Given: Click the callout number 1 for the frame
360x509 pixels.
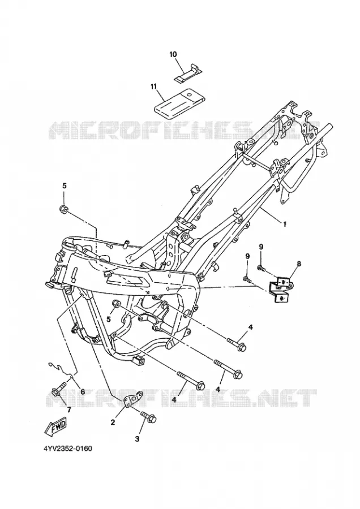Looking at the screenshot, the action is tap(285, 224).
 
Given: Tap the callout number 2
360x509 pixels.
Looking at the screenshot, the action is tap(113, 422).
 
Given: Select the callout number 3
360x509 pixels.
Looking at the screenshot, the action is tap(137, 439).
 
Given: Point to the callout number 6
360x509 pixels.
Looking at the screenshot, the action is tap(83, 392).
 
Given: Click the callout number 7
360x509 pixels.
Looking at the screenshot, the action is tap(69, 409).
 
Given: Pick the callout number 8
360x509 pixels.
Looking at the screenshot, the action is tap(299, 264).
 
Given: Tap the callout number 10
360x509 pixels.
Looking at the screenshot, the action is tap(173, 54).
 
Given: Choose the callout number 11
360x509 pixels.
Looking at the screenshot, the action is tap(154, 86).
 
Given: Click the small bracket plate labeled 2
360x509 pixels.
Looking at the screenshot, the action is tap(133, 399).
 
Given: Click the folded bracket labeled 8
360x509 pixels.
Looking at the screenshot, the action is tap(279, 289).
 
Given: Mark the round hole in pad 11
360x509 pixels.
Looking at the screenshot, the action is tap(188, 94).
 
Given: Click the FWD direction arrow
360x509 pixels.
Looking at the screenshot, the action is tap(55, 426).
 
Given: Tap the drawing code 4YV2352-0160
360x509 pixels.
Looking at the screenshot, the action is tap(68, 448).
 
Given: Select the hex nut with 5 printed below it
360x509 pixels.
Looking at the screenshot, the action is tap(116, 304).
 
